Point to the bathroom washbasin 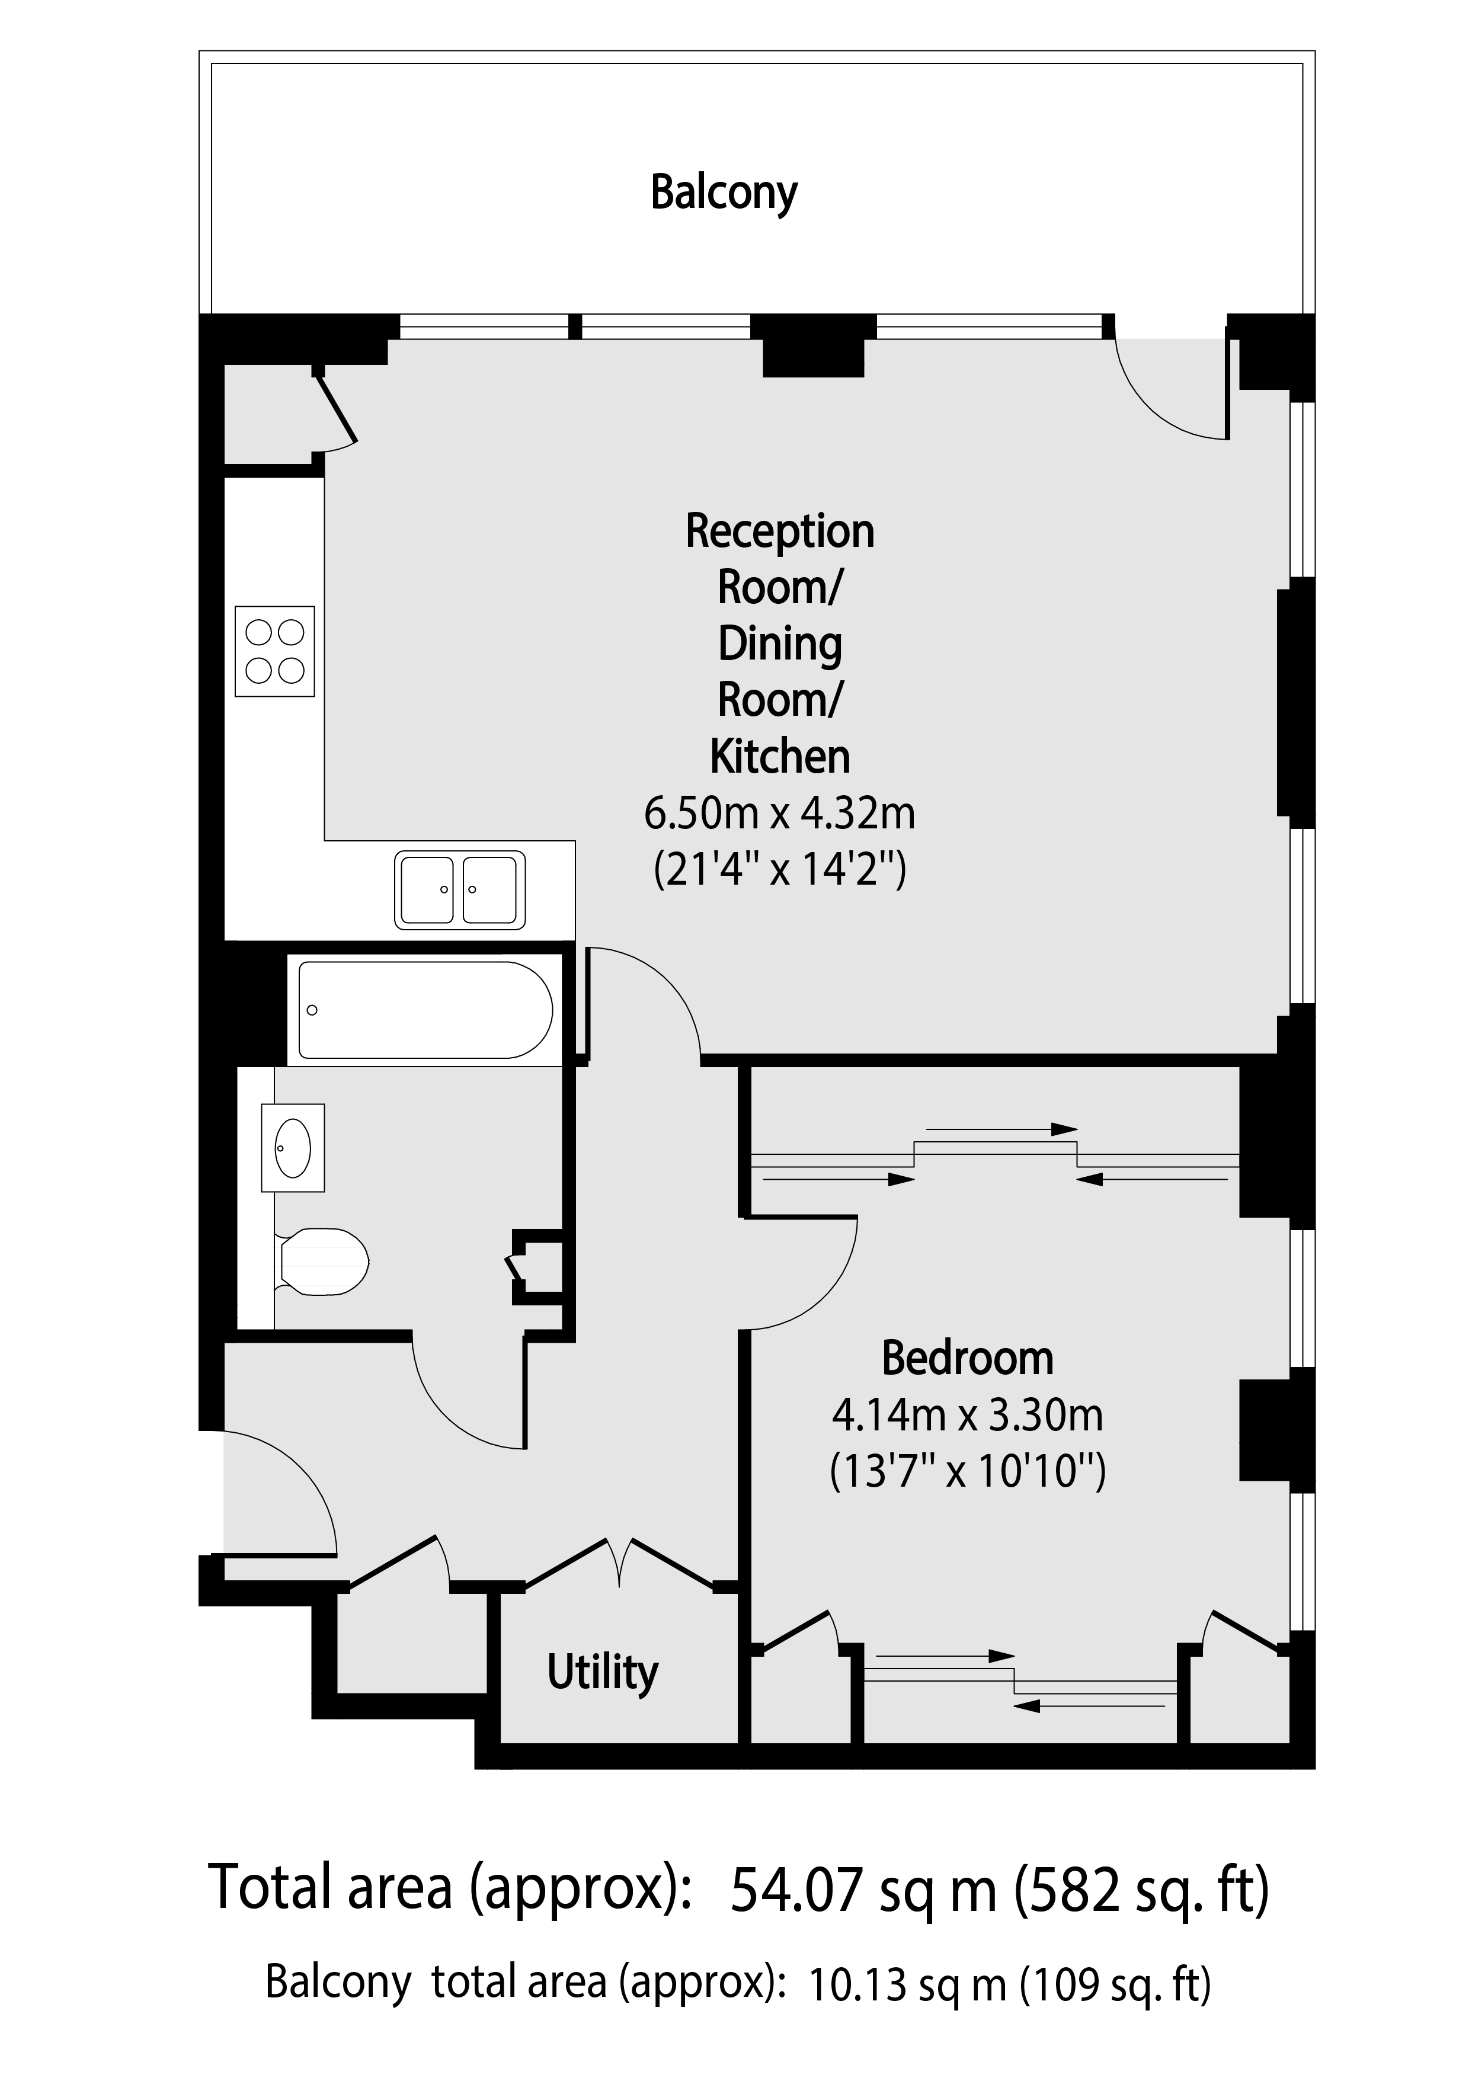click(293, 1147)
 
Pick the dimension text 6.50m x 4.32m click(779, 814)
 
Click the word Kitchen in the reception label click(779, 757)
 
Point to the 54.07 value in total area click(795, 1890)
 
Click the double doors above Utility click(620, 1561)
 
